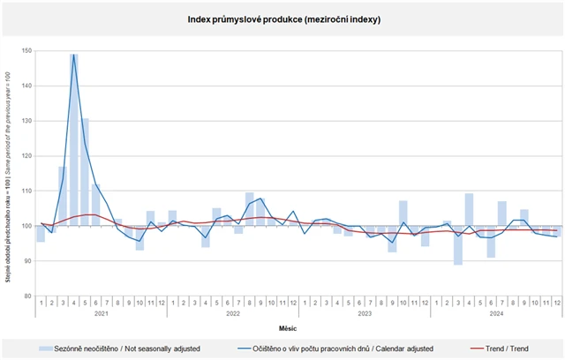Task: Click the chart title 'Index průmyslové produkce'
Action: (x=283, y=19)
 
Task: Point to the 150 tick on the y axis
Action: (x=26, y=51)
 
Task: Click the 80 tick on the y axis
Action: (x=26, y=296)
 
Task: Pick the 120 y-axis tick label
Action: (x=26, y=156)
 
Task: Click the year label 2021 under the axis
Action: (x=101, y=312)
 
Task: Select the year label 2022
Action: (x=233, y=312)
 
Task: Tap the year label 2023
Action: (x=364, y=312)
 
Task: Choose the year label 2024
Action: (x=495, y=312)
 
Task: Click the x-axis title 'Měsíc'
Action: (x=299, y=327)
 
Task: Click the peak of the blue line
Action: (x=73, y=56)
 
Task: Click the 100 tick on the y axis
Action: (x=26, y=226)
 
